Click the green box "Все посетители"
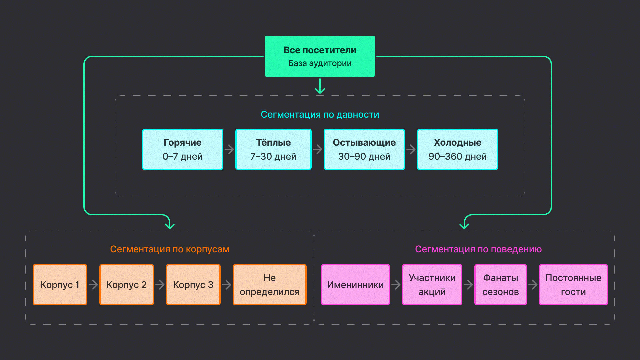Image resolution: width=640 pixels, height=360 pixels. point(320,56)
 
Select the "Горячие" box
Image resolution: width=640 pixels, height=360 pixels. point(183,149)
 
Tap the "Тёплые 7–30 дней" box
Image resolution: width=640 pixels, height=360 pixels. point(273,149)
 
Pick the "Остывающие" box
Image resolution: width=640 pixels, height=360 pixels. point(364,149)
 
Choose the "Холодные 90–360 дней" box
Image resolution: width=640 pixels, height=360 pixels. point(457,149)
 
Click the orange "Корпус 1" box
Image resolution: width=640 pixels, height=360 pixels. point(60,285)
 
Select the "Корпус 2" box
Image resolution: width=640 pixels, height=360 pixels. point(127,285)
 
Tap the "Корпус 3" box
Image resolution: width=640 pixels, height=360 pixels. point(193,285)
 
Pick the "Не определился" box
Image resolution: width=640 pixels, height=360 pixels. point(269,285)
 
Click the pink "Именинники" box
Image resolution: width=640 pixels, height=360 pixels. point(355,285)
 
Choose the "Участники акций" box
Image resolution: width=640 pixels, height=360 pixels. point(432,285)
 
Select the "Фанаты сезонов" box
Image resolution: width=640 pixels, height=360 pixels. point(500,285)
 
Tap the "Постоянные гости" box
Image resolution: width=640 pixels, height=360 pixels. point(573,285)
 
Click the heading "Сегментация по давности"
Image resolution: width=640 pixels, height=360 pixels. point(320,114)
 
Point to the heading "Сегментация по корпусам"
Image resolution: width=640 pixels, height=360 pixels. point(170,249)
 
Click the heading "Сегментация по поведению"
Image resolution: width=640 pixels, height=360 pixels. point(478,249)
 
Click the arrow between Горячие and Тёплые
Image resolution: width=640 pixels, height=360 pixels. point(229,149)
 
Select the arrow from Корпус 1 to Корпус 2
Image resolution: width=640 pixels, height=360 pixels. point(93,285)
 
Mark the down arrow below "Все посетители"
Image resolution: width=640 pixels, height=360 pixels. point(320,86)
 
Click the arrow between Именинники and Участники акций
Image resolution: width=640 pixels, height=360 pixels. point(396,285)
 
